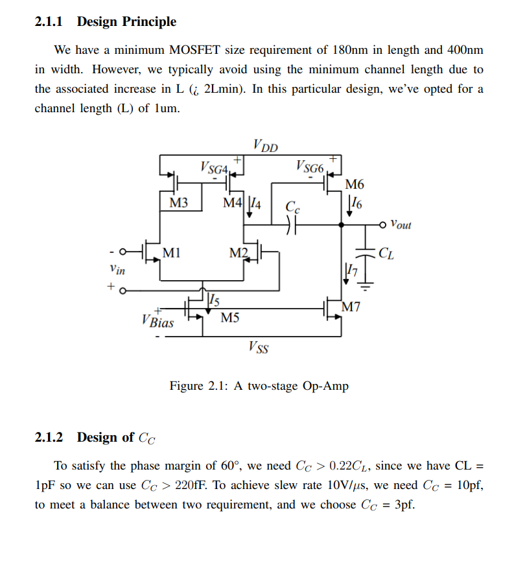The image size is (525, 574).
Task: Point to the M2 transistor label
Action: [239, 252]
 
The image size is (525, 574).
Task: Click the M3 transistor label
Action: [178, 203]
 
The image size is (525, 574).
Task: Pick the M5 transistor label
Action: [229, 318]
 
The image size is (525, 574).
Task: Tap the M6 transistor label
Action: [355, 184]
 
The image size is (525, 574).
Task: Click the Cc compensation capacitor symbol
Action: [291, 225]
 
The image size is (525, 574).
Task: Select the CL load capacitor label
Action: [386, 252]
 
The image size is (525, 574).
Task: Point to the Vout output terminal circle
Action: [386, 225]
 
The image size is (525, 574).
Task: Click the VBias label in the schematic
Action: [157, 320]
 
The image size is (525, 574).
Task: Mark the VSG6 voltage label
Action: [309, 167]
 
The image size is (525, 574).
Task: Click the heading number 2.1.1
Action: [49, 21]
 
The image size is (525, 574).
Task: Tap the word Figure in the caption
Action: [186, 386]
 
